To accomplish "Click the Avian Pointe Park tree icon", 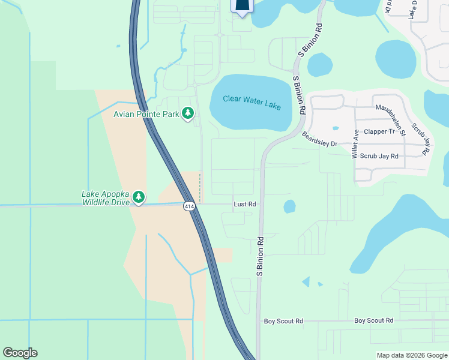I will point(188,113).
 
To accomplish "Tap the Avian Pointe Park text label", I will point(146,113).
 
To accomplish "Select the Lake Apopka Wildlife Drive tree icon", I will point(139,197).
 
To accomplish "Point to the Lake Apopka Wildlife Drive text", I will point(105,199).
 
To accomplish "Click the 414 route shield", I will point(190,206).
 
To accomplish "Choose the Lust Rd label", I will point(244,205).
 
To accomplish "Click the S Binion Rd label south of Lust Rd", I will point(261,256).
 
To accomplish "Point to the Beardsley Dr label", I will point(320,139).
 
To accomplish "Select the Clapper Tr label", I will point(379,131).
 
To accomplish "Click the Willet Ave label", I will point(355,143).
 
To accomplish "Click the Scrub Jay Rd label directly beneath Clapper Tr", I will point(382,156).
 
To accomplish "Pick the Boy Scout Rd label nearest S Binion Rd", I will point(283,322).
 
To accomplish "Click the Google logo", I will point(20,353).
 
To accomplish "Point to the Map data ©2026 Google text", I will point(411,355).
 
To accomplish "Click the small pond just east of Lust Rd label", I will point(289,206).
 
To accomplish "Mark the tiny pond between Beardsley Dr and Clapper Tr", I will point(335,128).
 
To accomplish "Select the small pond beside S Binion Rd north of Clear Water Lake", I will point(319,64).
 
